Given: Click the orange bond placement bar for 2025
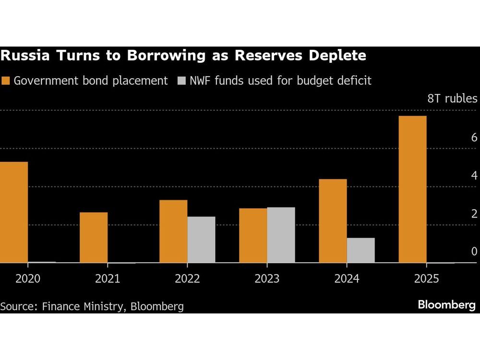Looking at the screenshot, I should click(412, 189).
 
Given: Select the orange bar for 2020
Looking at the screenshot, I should click(14, 212).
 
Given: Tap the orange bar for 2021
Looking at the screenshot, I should click(94, 237).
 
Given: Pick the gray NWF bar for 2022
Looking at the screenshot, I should click(201, 240).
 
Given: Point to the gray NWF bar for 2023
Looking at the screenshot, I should click(281, 235).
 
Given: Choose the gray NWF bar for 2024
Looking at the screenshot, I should click(360, 250).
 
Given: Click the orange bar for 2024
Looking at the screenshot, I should click(333, 221).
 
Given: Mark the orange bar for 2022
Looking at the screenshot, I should click(173, 231).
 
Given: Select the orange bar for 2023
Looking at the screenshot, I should click(253, 235).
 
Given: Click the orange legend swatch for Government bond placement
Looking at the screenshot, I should click(6, 81).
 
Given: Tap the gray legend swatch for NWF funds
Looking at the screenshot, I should click(182, 81).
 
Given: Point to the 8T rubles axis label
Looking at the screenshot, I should click(452, 99).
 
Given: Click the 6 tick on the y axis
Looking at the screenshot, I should click(474, 138).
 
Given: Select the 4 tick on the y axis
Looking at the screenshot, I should click(474, 176).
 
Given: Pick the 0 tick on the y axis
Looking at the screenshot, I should click(474, 252).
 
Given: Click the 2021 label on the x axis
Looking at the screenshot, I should click(108, 279).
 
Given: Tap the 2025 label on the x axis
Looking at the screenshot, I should click(426, 279).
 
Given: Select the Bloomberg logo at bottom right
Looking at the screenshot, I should click(446, 305).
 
